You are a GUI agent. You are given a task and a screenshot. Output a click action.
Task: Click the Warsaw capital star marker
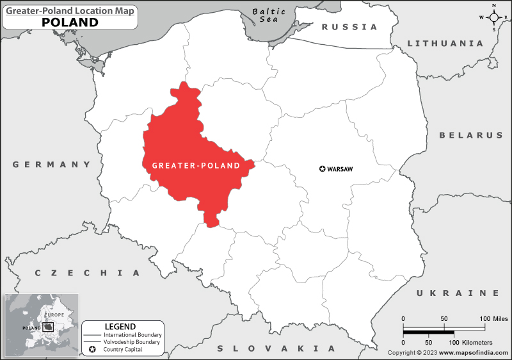pos(322,169)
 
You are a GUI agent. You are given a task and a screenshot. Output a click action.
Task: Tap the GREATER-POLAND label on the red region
pos(196,165)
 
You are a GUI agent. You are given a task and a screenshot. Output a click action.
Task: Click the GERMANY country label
pos(52,165)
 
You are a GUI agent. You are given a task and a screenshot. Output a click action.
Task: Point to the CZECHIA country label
pos(87,273)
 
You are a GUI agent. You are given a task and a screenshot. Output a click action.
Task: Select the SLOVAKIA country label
pos(276,348)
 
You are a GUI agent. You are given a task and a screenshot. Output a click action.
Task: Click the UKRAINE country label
pos(457,293)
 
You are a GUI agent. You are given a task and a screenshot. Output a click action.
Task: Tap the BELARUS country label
pos(470,135)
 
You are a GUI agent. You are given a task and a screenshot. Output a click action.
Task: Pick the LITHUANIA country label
pos(445,44)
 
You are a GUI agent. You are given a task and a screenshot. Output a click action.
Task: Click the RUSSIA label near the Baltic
pos(349,27)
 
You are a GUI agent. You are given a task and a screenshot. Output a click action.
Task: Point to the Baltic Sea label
pos(268,15)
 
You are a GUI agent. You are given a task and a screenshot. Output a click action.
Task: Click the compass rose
pos(494,17)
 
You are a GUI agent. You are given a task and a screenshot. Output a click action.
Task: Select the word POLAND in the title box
pos(70,22)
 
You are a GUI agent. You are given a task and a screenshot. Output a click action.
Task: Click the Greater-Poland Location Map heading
pos(70,9)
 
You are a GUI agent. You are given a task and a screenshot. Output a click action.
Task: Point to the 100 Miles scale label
pos(493,318)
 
